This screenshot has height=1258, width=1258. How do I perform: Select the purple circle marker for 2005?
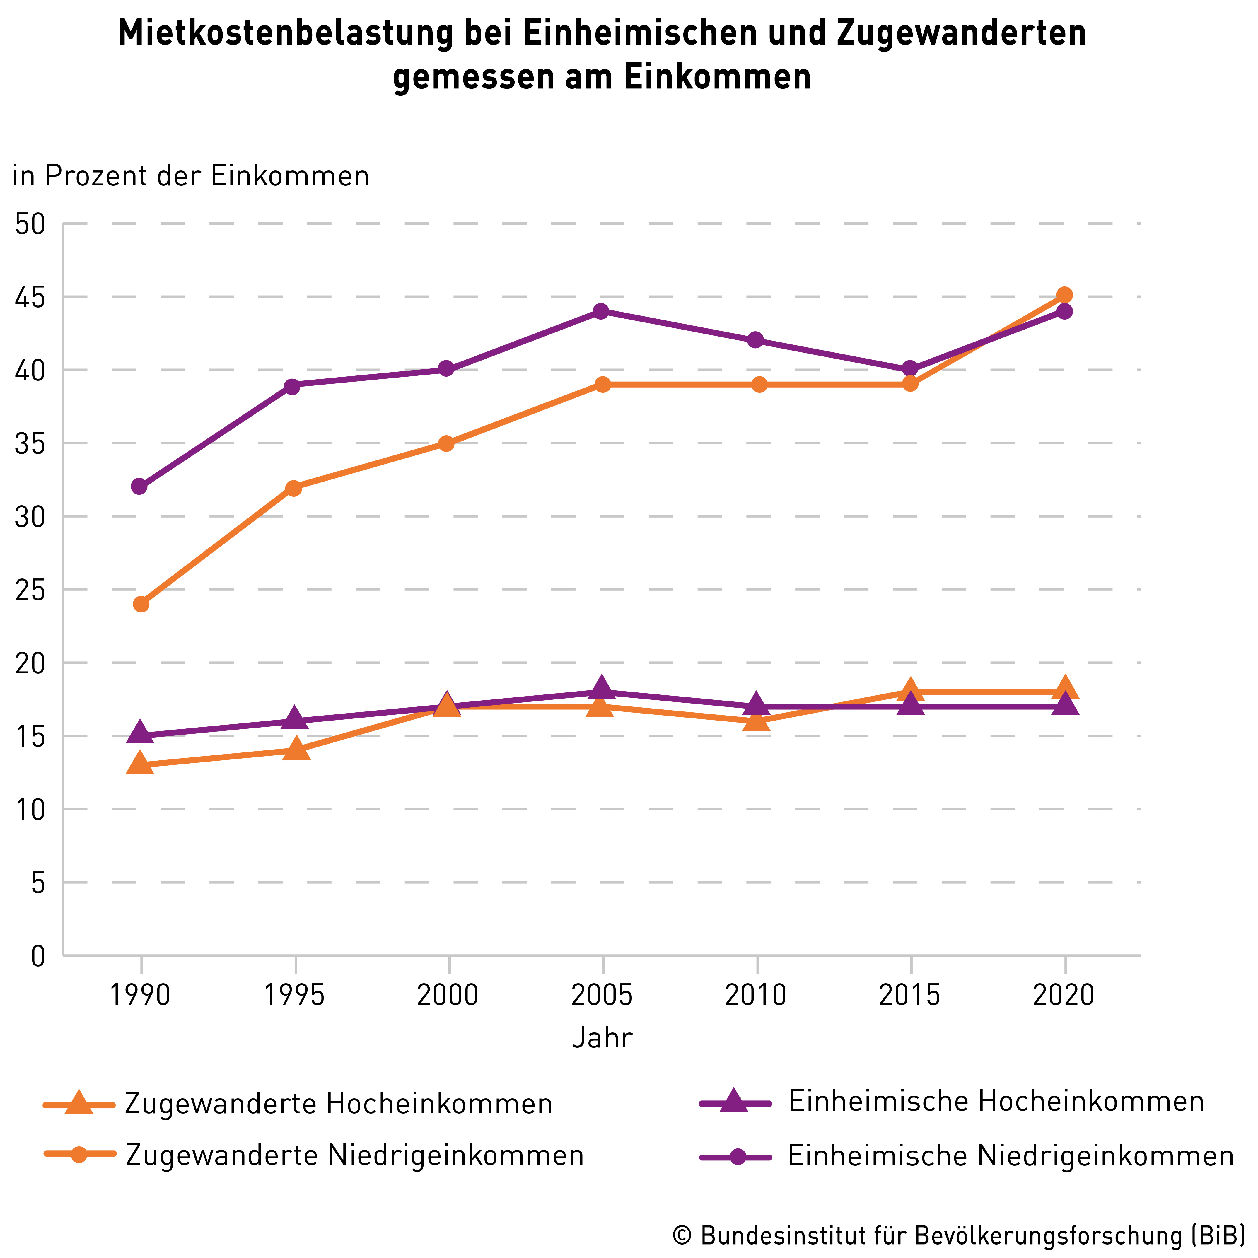pos(602,311)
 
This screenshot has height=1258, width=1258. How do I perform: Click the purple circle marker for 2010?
pos(755,340)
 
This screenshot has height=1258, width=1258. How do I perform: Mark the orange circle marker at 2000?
pos(446,443)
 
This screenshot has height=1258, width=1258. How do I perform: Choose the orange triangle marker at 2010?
pos(757,720)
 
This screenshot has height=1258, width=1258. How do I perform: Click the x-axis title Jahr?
pos(602,1038)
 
